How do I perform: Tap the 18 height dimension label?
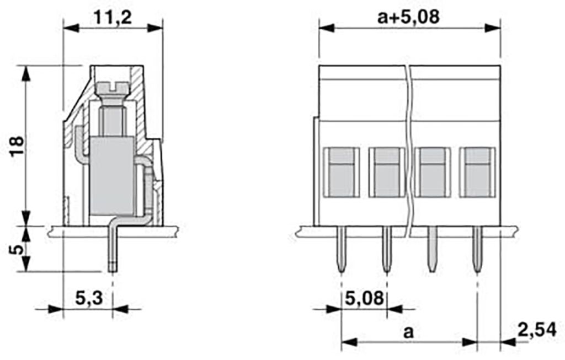pyautogui.click(x=17, y=146)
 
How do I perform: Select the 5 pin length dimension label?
pyautogui.click(x=17, y=249)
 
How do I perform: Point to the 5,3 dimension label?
pyautogui.click(x=89, y=298)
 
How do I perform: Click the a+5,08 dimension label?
pyautogui.click(x=409, y=17)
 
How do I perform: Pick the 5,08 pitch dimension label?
pyautogui.click(x=364, y=298)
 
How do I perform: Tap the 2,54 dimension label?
pyautogui.click(x=536, y=330)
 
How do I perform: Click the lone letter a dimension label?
pyautogui.click(x=408, y=332)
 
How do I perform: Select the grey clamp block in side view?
pyautogui.click(x=112, y=176)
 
